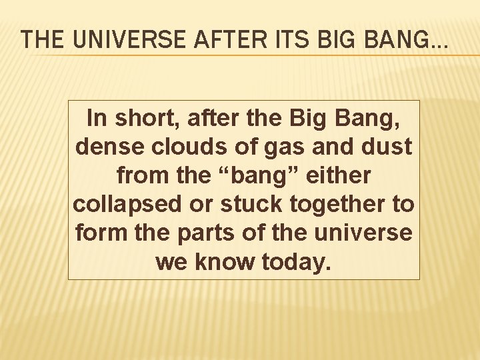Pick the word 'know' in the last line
pyautogui.click(x=224, y=262)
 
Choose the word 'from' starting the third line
pyautogui.click(x=136, y=175)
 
